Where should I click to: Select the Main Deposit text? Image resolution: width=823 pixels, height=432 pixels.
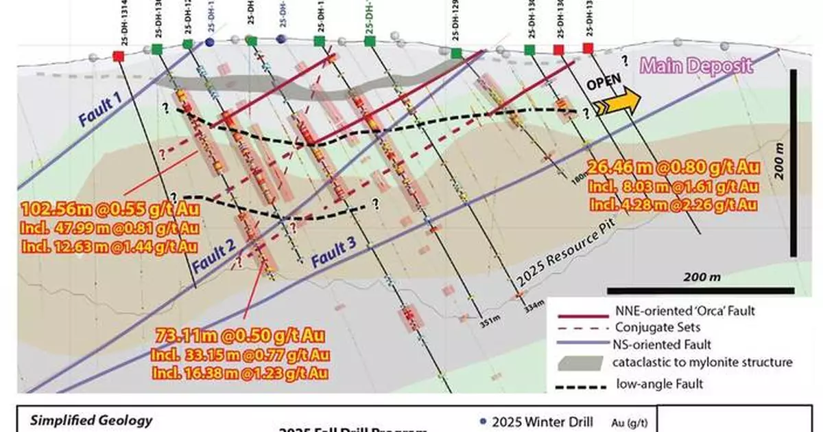697,67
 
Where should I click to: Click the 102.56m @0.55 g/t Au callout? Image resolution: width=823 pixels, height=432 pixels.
106,209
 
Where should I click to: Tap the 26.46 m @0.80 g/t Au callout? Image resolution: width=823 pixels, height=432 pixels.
673,166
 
